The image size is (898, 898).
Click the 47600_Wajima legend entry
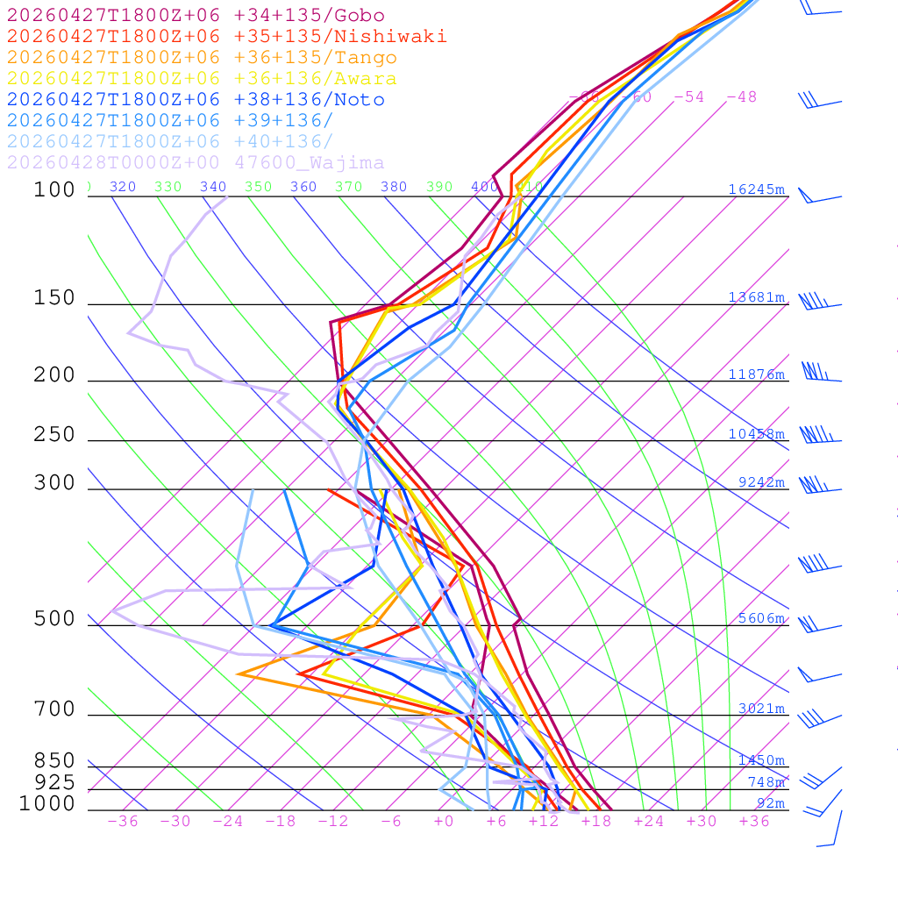196,163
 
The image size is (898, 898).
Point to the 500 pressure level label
54,619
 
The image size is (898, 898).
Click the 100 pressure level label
54,189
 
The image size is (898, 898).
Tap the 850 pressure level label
54,761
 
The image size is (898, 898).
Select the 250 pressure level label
54,435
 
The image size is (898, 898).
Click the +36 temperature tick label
754,821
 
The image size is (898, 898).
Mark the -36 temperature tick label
123,821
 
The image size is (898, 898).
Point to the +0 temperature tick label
444,821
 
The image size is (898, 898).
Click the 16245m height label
757,189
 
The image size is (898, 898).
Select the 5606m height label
761,618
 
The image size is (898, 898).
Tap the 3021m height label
761,709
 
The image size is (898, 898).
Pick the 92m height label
771,803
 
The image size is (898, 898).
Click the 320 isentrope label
123,187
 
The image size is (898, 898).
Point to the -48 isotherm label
742,97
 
